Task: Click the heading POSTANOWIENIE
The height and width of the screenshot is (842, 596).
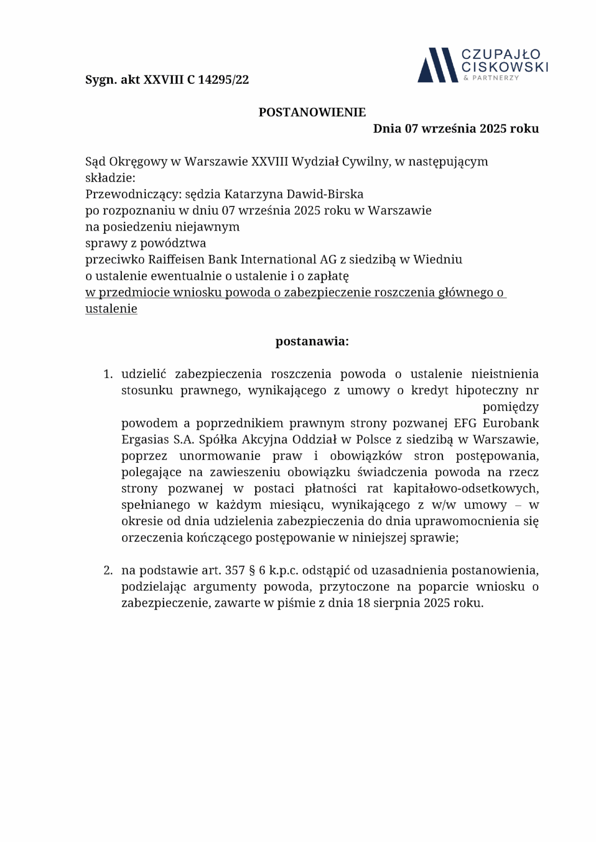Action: coord(312,112)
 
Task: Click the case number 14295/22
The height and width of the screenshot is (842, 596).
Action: coord(223,79)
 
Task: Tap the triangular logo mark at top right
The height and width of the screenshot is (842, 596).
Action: coord(437,65)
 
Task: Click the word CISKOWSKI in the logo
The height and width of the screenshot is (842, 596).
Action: coord(505,67)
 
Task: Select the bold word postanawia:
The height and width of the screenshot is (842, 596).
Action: coord(312,341)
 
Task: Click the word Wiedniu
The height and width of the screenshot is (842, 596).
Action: coord(438,259)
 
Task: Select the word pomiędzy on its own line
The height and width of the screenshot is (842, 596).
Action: coord(510,407)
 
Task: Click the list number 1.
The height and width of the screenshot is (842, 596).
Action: coord(108,374)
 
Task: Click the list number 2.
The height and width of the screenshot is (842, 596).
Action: coord(108,571)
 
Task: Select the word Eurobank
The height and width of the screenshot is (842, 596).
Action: coord(510,423)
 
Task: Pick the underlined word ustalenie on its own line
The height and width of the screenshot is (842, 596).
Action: coord(111,309)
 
